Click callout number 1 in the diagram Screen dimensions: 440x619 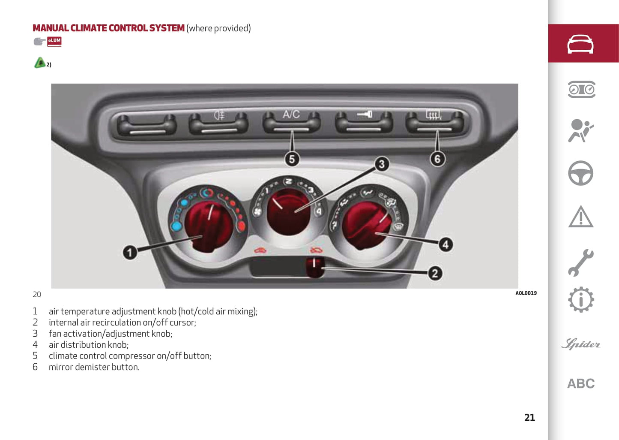point(130,252)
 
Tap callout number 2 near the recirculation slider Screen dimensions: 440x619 point(435,273)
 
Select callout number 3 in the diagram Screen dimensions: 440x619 point(381,164)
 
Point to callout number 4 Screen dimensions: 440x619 point(446,244)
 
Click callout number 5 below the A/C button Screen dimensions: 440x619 point(292,159)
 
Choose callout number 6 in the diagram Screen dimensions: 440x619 point(437,159)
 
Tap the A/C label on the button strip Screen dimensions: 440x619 point(291,115)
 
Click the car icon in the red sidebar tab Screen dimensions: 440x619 point(580,44)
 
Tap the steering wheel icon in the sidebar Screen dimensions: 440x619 point(580,173)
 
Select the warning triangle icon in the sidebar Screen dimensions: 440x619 point(580,217)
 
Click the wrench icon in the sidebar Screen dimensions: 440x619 point(580,262)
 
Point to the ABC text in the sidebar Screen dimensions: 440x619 point(581,383)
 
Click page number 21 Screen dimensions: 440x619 point(529,418)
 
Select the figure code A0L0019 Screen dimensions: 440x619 point(526,293)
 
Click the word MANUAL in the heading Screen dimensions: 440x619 point(51,28)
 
